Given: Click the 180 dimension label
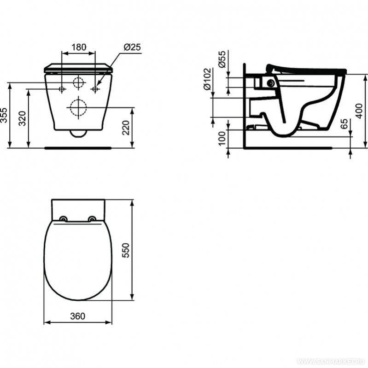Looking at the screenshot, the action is pos(79,47).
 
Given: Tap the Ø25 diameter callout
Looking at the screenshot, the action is pos(132,47).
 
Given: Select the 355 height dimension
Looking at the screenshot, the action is pos(4,115).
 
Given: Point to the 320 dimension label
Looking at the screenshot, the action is pos(23,118).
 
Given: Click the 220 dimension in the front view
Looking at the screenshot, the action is pos(126,128).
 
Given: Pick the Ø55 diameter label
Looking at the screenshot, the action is pos(222,59).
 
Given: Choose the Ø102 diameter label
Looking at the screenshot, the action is pos(207,79).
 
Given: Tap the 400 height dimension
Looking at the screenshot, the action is pos(359,111).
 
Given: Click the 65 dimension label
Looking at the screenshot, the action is pos(344,124).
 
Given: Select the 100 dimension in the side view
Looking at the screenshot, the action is pos(222,138).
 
